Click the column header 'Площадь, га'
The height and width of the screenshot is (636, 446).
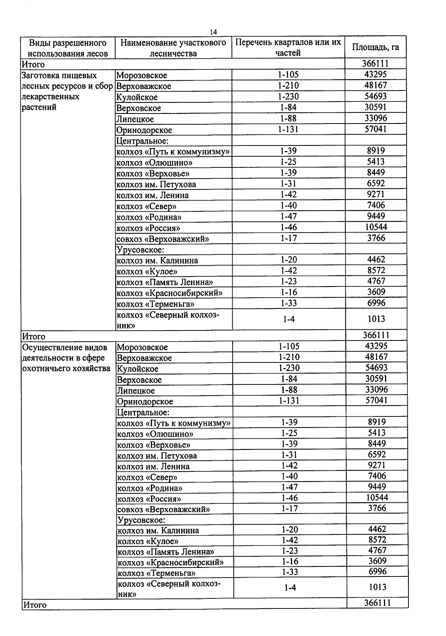375,47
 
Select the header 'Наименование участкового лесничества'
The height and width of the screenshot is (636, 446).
173,48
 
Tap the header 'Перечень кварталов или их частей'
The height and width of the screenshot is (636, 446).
288,47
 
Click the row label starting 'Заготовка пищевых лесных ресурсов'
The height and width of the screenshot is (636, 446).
67,91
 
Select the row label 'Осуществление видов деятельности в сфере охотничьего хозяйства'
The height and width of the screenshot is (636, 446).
66,358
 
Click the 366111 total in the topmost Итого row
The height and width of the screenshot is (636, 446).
375,64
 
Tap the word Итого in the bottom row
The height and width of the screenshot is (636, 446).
35,605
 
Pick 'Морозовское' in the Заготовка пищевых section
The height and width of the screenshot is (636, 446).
142,76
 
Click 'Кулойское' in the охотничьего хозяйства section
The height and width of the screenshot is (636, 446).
138,369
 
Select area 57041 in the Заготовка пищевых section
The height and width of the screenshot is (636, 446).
375,129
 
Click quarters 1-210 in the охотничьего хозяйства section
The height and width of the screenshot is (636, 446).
289,357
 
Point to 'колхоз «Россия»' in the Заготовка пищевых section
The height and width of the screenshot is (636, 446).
148,228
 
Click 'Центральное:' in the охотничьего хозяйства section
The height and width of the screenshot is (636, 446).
143,413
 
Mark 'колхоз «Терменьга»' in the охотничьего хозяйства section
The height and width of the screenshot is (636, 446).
156,573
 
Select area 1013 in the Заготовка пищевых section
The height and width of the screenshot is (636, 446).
376,319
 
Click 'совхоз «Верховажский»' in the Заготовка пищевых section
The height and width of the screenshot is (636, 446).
162,239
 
